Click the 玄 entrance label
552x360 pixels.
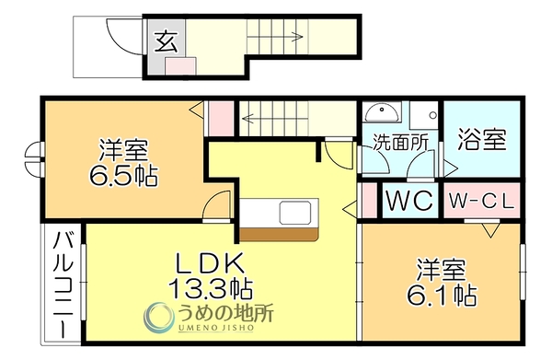(167, 41)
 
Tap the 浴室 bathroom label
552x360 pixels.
(482, 140)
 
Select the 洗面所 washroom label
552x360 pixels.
(400, 143)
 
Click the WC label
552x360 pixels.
(409, 200)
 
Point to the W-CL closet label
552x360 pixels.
(481, 202)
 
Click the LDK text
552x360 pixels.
(210, 263)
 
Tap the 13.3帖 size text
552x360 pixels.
(210, 288)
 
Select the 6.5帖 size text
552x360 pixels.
(123, 175)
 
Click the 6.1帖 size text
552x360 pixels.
(443, 295)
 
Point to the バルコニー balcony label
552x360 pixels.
(63, 285)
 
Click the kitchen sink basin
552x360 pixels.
(295, 213)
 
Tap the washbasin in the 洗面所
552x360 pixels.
(383, 113)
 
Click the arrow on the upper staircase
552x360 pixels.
(274, 36)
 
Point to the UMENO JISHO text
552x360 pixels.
(215, 328)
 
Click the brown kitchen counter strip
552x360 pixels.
(279, 235)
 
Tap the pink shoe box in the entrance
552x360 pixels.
(180, 66)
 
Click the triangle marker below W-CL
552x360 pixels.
(491, 230)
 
